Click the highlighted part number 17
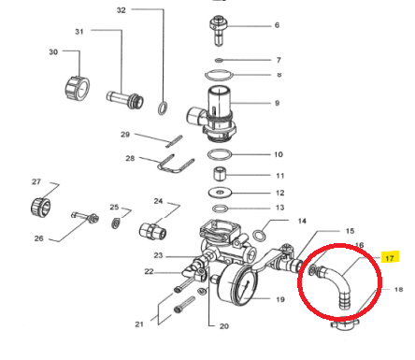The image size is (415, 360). (390, 258)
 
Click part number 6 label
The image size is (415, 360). (277, 25)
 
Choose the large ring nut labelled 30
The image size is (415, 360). (78, 89)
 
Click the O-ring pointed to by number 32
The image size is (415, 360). (163, 108)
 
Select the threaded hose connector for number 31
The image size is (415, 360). (125, 99)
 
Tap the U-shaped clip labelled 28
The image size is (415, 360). (176, 164)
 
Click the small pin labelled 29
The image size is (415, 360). (174, 141)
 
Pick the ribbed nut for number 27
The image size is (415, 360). (41, 208)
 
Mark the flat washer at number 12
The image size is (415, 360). (220, 193)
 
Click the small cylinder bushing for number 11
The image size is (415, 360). (220, 174)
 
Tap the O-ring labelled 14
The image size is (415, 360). (259, 236)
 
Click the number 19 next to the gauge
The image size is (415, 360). (280, 299)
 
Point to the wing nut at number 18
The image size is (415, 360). (345, 324)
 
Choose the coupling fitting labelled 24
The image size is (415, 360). (152, 231)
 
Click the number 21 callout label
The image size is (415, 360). (139, 324)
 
